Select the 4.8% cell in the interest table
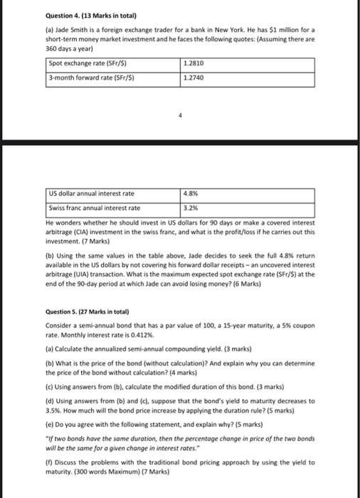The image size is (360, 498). (191, 194)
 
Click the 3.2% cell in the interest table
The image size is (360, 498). (191, 208)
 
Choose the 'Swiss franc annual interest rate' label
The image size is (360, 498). (95, 208)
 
